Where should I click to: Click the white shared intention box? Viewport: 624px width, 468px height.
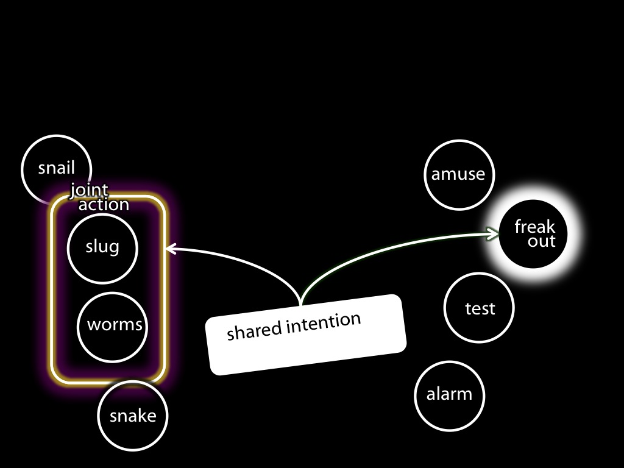coord(306,335)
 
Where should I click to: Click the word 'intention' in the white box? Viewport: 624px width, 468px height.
coord(324,323)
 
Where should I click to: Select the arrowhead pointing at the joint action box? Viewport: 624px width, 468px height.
coord(171,249)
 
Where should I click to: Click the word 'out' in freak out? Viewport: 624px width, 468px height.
coord(541,241)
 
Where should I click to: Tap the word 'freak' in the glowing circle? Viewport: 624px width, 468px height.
coord(534,227)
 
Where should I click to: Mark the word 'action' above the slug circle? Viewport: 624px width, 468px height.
coord(104,205)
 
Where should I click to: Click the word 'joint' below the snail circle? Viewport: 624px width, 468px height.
coord(89,190)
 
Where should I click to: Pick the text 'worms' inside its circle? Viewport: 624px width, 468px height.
coord(115,325)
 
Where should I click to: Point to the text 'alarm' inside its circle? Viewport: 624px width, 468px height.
coord(449,394)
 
